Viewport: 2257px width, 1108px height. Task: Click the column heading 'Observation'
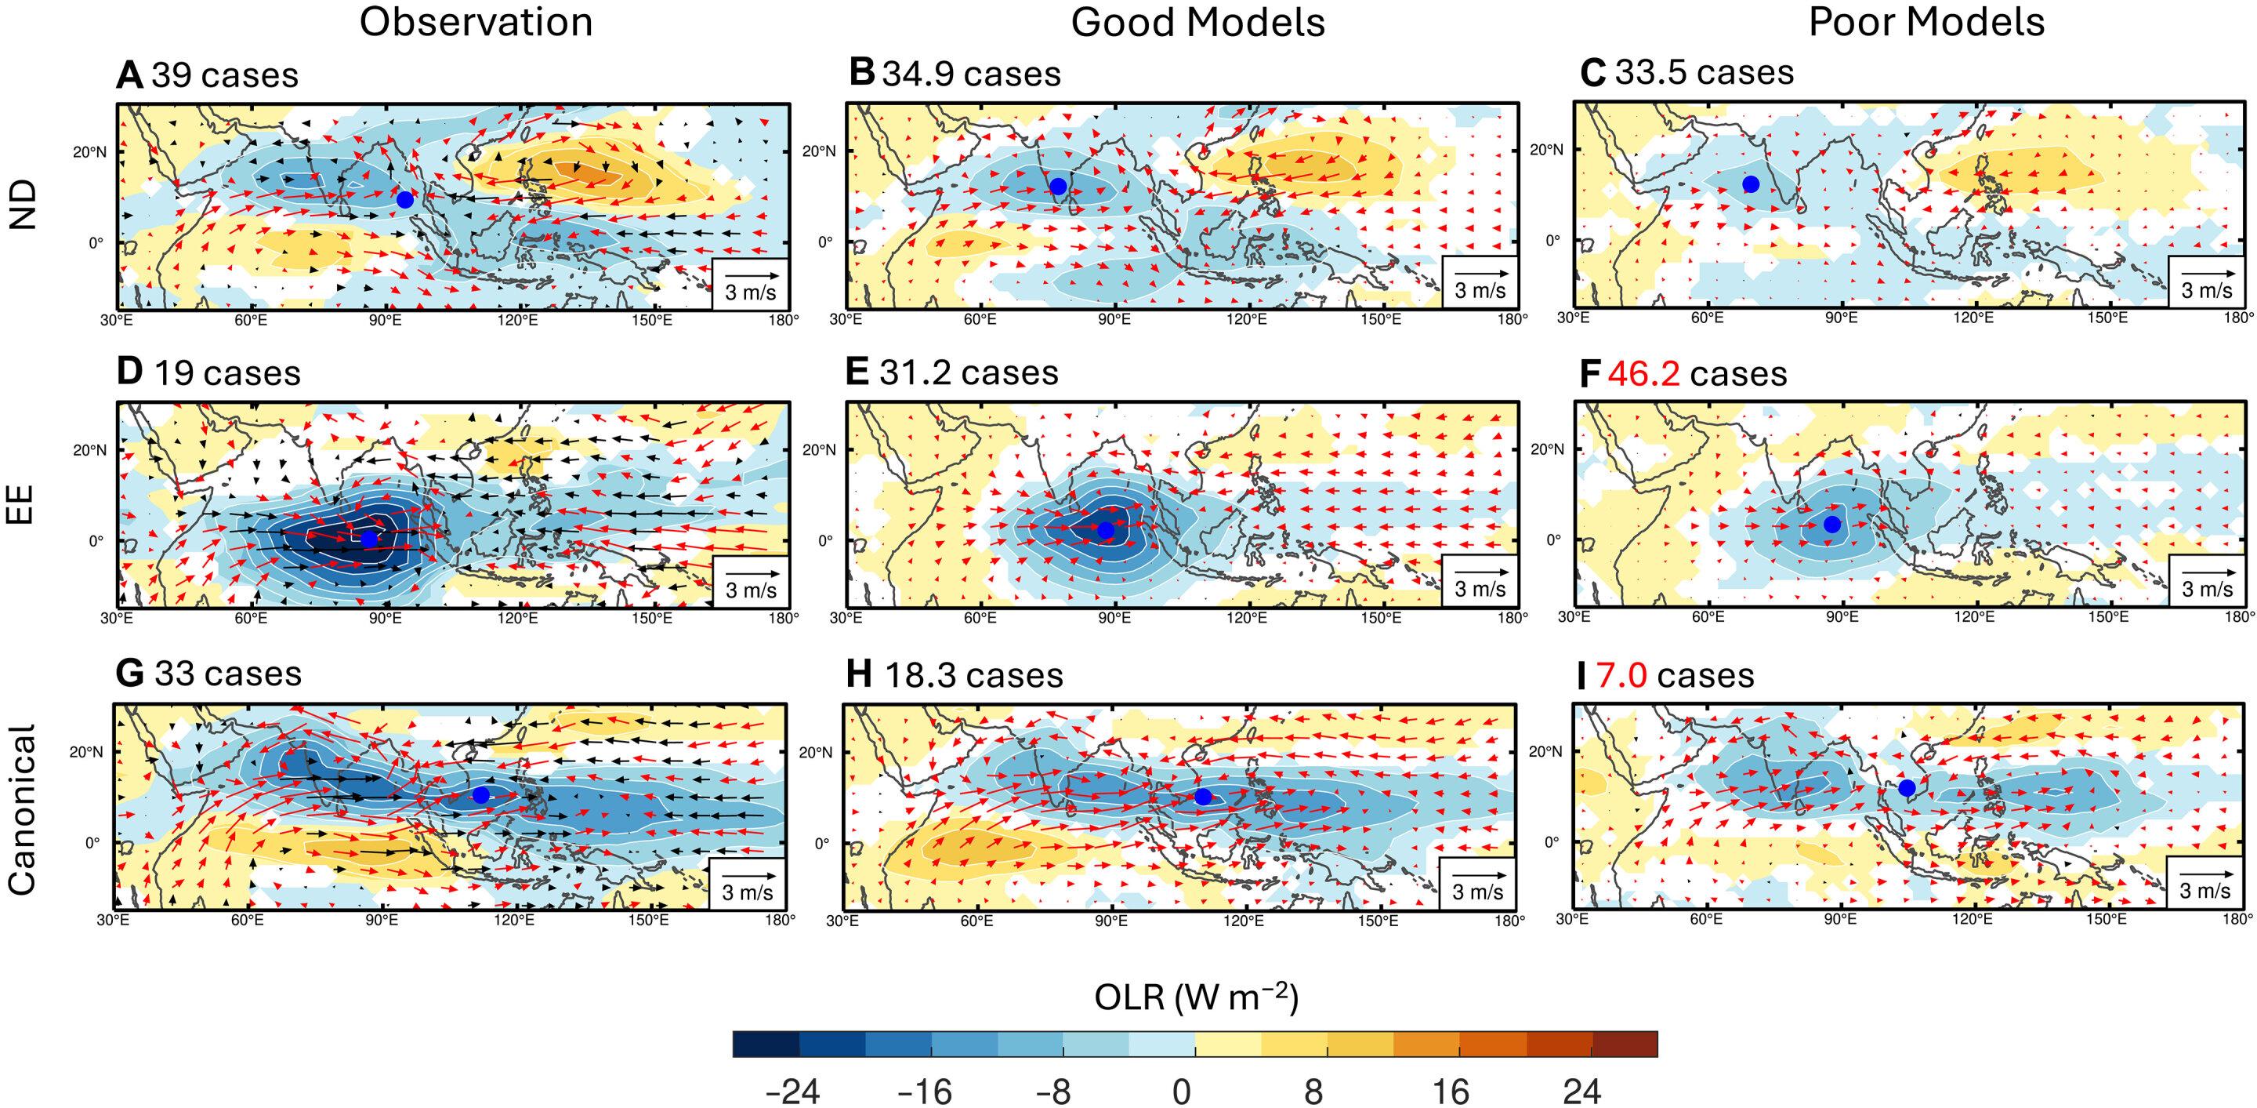tap(476, 22)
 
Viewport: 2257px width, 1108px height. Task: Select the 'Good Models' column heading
tap(1197, 22)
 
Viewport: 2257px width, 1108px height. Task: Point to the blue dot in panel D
tap(370, 538)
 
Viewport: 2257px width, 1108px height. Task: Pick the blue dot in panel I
tap(1907, 788)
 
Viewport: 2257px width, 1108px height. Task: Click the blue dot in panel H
tap(1203, 797)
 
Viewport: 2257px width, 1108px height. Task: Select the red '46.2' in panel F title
tap(1643, 374)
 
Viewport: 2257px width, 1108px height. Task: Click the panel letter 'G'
tap(129, 674)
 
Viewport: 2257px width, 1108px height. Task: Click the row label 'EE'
tap(21, 505)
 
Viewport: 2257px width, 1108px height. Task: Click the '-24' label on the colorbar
tap(792, 1092)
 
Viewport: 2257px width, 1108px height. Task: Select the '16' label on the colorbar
tap(1450, 1092)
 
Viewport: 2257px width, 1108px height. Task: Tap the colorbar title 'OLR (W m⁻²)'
tap(1196, 997)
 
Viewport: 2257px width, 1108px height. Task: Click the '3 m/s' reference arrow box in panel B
tap(1480, 282)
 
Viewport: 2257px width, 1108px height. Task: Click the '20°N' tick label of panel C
tap(1546, 150)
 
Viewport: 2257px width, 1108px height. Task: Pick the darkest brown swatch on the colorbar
tap(1625, 1044)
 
